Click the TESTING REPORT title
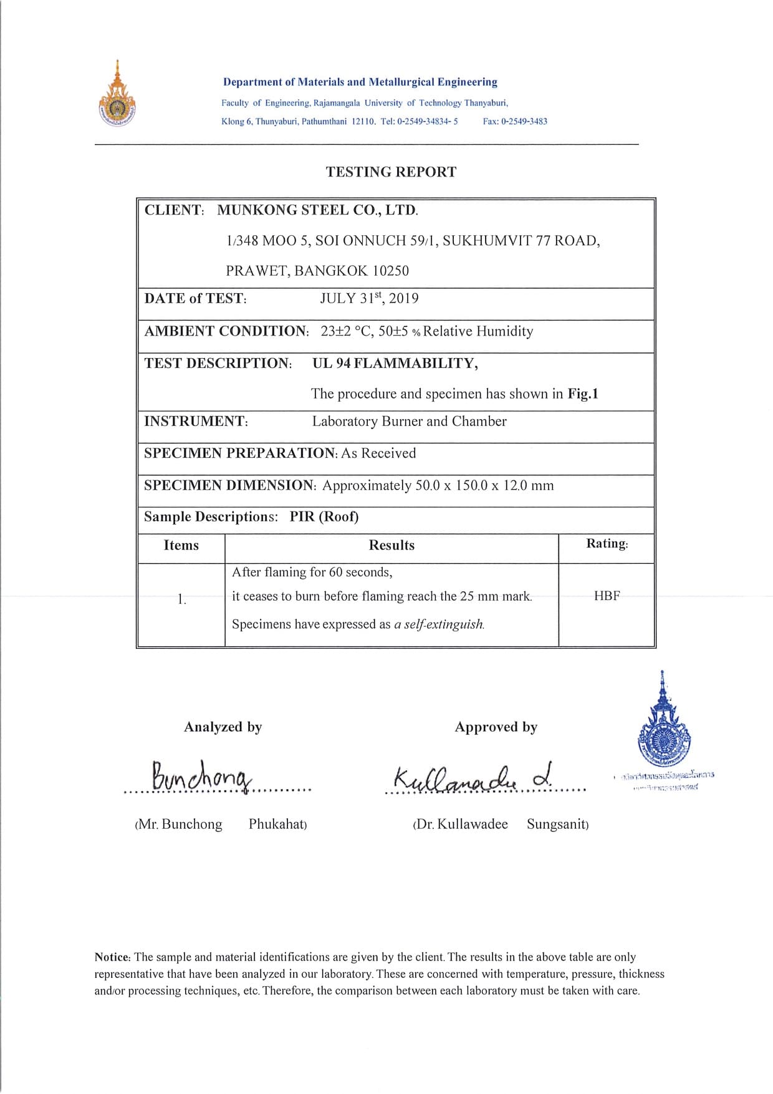(391, 172)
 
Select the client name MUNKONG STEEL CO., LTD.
(317, 210)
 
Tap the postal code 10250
(390, 271)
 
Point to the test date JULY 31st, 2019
(369, 298)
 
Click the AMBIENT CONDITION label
(226, 331)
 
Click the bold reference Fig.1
(582, 394)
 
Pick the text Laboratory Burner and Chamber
(409, 422)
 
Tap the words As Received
(378, 453)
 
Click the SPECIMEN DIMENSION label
(230, 485)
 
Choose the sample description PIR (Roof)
(324, 517)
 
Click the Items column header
(181, 545)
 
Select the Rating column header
(607, 544)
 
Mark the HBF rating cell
(607, 596)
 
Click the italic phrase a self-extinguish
(439, 624)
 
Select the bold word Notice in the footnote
(112, 957)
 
